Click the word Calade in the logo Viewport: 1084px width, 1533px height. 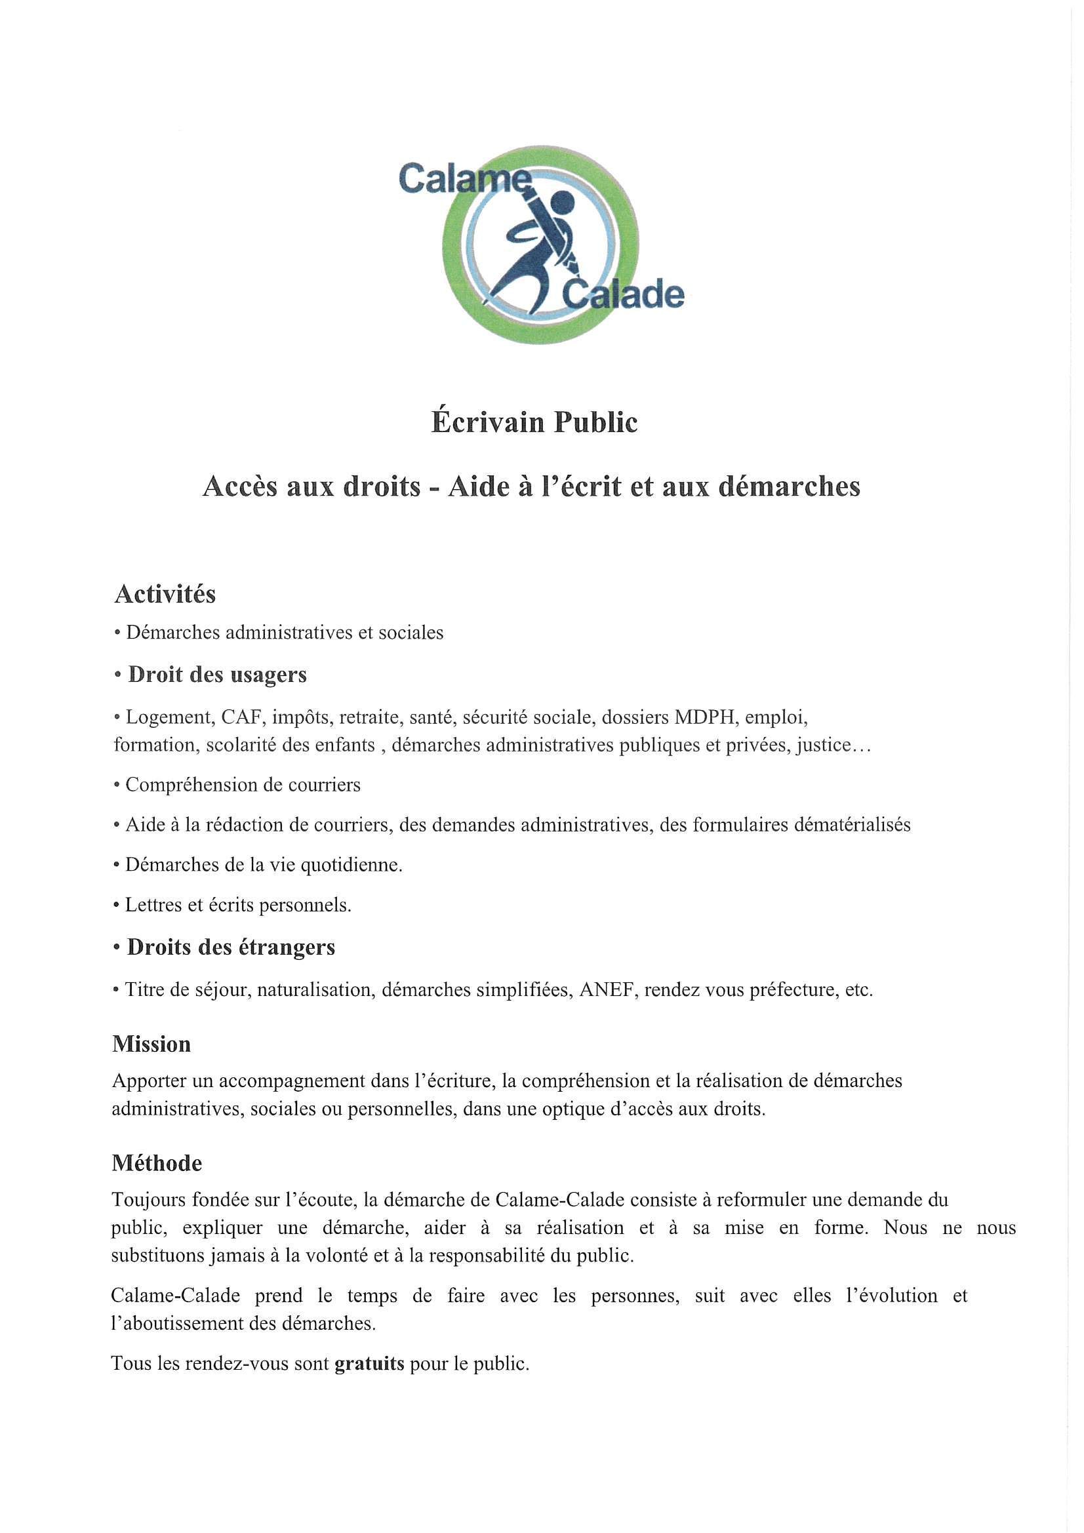[x=624, y=294]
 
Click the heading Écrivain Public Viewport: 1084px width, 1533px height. [x=534, y=422]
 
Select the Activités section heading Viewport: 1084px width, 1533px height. [x=165, y=593]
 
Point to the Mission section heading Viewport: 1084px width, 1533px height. [x=151, y=1044]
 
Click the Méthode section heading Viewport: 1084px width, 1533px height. [x=156, y=1163]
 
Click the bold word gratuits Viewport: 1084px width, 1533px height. [x=369, y=1363]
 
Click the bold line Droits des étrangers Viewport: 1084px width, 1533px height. [x=230, y=947]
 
